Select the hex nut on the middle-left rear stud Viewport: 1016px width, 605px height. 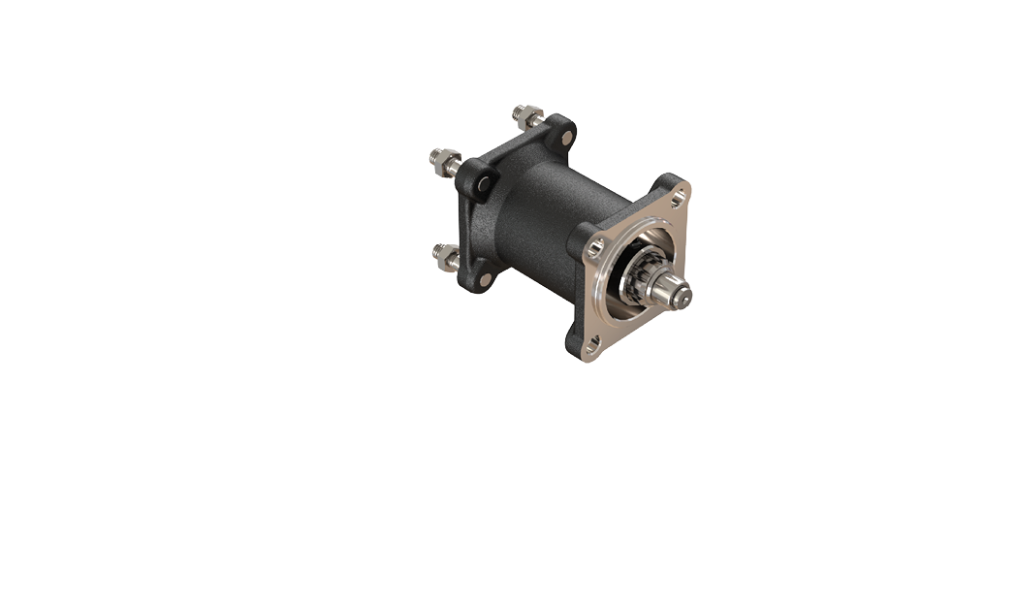pyautogui.click(x=448, y=162)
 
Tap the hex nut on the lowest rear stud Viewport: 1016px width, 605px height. pyautogui.click(x=449, y=257)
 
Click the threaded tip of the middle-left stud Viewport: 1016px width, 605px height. pyautogui.click(x=435, y=155)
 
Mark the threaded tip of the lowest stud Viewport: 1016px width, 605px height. pyautogui.click(x=437, y=251)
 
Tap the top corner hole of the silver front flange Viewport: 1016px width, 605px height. pyautogui.click(x=678, y=197)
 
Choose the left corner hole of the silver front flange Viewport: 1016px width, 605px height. pyautogui.click(x=596, y=247)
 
